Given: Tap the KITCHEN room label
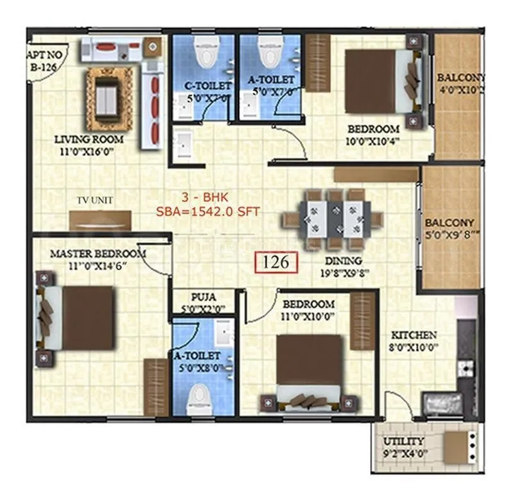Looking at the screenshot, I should point(414,335).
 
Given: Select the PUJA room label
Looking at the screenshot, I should point(203,297).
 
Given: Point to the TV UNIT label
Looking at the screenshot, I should point(94,201).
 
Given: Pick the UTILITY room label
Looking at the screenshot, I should point(403,441).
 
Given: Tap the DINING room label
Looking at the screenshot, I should point(343,261).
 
